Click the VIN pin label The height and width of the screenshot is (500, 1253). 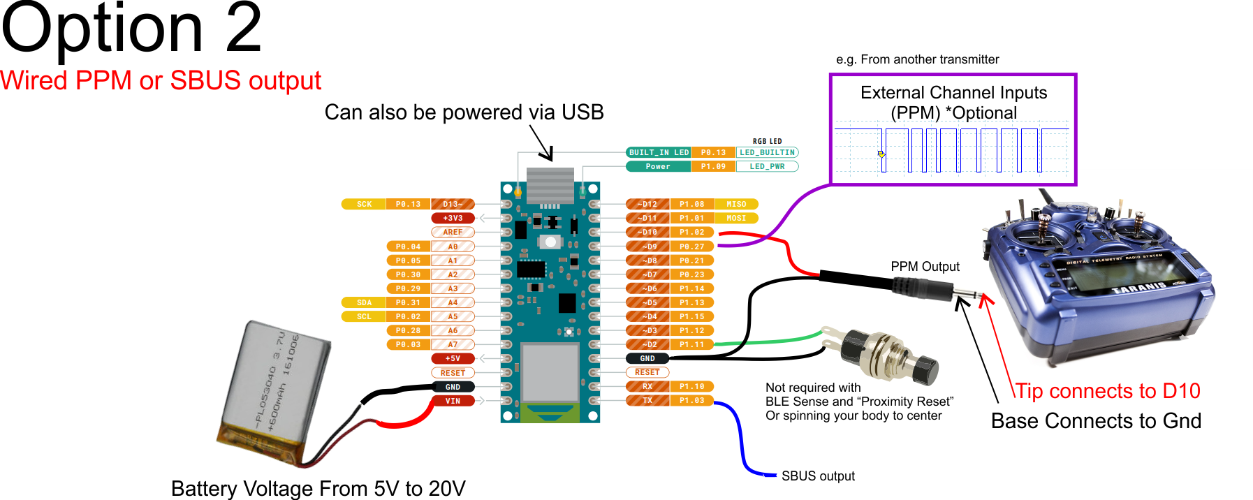click(x=453, y=401)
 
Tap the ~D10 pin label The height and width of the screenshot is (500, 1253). click(x=647, y=232)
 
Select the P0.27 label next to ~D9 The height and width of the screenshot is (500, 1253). click(x=692, y=247)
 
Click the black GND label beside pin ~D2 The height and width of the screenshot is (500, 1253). click(x=647, y=358)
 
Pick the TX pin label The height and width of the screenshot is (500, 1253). click(x=647, y=400)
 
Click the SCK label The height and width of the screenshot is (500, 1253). click(x=364, y=204)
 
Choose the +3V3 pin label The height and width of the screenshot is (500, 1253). click(x=453, y=218)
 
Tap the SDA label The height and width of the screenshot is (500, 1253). click(x=364, y=302)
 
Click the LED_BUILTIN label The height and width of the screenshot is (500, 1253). click(x=767, y=152)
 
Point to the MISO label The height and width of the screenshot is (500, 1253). click(x=736, y=204)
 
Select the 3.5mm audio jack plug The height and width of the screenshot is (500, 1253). click(x=922, y=287)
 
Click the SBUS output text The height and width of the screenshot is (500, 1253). click(x=817, y=476)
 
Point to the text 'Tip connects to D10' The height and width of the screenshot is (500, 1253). click(x=1107, y=391)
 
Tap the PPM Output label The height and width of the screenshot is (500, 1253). click(x=925, y=267)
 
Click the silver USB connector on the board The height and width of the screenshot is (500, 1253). click(x=550, y=185)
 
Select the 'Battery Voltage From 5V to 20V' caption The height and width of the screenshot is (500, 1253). click(x=318, y=488)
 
